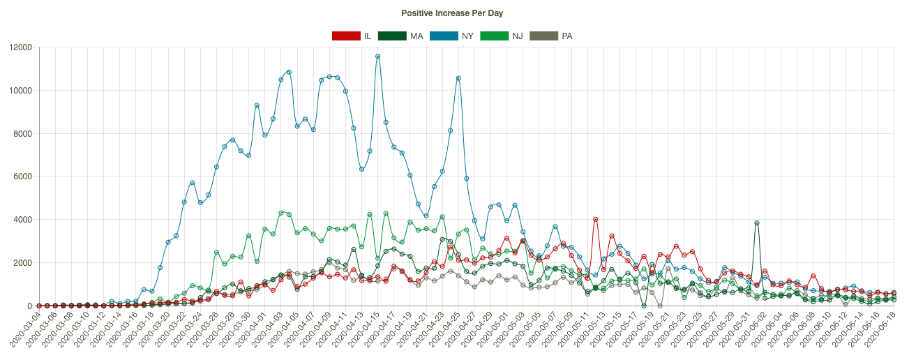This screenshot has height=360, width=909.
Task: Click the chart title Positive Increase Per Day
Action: [x=452, y=13]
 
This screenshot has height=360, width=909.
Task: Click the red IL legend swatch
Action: [x=345, y=36]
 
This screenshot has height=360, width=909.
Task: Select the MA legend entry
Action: [x=400, y=36]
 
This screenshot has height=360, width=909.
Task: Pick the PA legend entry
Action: [x=551, y=36]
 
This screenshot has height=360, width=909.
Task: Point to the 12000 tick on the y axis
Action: [x=21, y=47]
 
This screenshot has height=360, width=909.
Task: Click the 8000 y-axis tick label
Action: [x=23, y=133]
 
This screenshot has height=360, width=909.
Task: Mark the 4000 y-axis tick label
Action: [x=23, y=220]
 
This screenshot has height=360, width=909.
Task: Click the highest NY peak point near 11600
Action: [x=377, y=57]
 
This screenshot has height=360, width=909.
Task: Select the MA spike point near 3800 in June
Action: [x=756, y=223]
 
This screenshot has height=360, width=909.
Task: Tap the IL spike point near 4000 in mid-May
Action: [x=596, y=219]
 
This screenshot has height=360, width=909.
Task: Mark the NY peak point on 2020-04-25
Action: [x=458, y=78]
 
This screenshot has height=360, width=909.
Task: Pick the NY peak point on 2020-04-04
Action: [x=289, y=72]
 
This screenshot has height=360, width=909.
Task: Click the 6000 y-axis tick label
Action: [x=23, y=177]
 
